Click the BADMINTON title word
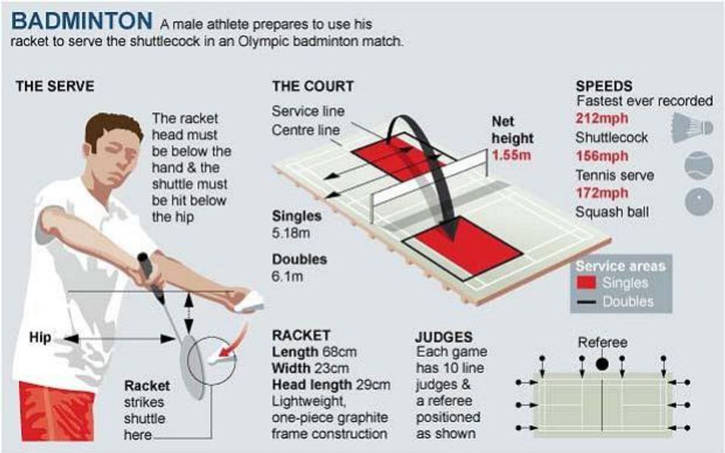click(81, 21)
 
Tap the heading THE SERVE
click(55, 86)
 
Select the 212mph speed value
click(602, 118)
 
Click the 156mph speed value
click(602, 156)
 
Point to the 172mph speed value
click(602, 192)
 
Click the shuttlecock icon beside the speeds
click(692, 128)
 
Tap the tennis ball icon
click(698, 166)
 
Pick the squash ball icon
click(698, 202)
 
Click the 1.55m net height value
click(511, 155)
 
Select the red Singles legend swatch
click(586, 283)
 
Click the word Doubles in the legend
click(628, 302)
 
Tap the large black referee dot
click(601, 364)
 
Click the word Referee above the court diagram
click(602, 343)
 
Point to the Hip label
click(40, 338)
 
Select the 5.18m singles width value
click(291, 232)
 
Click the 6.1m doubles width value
click(288, 277)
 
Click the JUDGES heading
click(444, 337)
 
